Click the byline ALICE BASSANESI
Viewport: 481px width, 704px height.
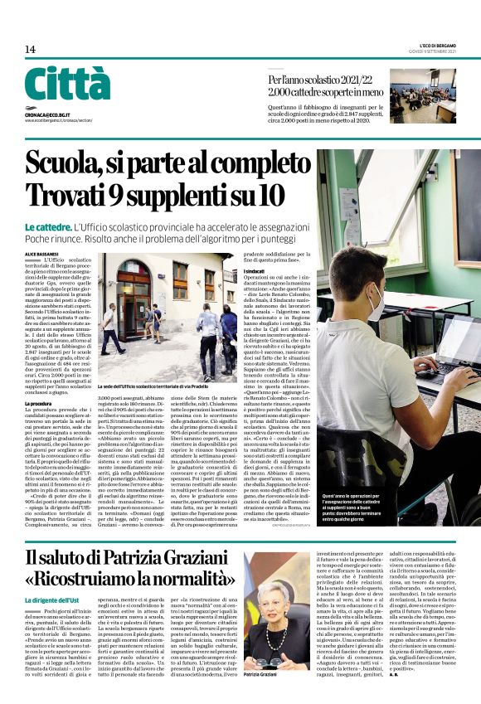(x=41, y=253)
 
